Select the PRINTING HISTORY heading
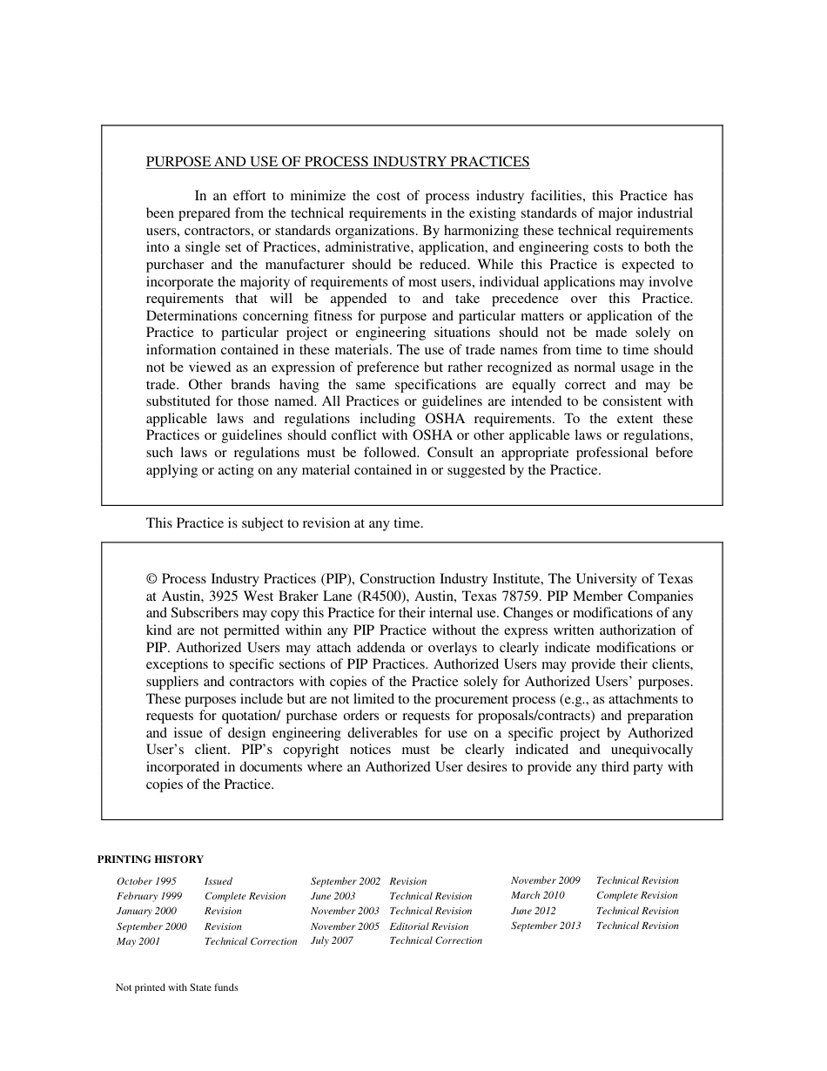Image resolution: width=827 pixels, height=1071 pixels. click(x=150, y=859)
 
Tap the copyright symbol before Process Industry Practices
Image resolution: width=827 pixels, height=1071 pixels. click(x=151, y=579)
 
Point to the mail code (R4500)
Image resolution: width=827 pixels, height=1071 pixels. click(x=383, y=596)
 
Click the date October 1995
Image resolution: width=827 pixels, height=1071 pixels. click(x=146, y=881)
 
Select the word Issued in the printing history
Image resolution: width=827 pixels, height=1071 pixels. click(x=219, y=881)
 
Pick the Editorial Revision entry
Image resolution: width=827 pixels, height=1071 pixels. click(x=428, y=926)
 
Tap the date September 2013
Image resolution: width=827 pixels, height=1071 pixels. click(x=546, y=926)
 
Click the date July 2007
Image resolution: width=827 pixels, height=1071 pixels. click(x=332, y=940)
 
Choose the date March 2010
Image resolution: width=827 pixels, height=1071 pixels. click(x=537, y=895)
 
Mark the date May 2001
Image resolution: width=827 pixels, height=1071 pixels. click(x=138, y=941)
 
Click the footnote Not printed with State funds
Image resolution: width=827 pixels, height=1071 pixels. click(x=177, y=988)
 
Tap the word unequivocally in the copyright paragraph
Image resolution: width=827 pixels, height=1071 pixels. click(x=650, y=750)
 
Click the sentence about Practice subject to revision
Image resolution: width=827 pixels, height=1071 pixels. click(x=284, y=523)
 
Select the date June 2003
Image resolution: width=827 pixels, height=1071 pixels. click(x=333, y=896)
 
